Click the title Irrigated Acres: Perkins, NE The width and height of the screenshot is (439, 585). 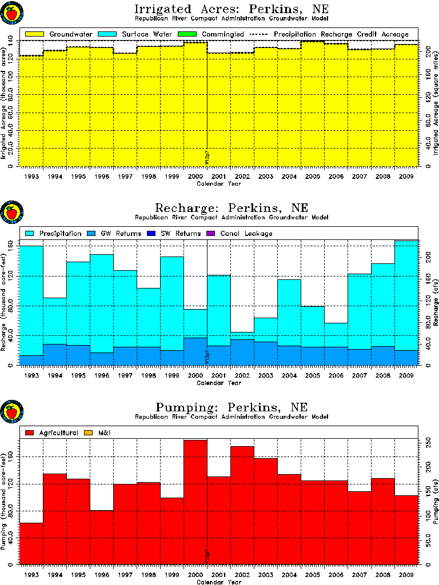(x=232, y=10)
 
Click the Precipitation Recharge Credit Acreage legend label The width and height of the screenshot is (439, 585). (x=341, y=34)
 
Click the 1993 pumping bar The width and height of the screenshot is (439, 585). (x=31, y=543)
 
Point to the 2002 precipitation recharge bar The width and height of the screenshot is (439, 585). (x=242, y=336)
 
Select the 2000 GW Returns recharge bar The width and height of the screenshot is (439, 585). (x=195, y=351)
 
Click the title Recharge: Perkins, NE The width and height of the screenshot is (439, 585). (x=232, y=208)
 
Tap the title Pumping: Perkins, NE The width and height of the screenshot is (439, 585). (x=232, y=407)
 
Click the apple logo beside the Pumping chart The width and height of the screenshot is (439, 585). (x=11, y=411)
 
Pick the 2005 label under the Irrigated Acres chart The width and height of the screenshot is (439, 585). (x=312, y=177)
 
